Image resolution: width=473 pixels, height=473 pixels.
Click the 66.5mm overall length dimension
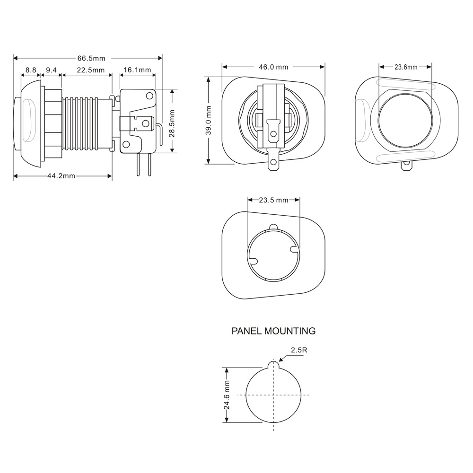(x=91, y=58)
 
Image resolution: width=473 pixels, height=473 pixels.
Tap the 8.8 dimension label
(x=31, y=70)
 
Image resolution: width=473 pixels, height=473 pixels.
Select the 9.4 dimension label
(x=52, y=70)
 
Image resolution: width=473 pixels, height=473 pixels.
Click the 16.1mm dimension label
(x=137, y=70)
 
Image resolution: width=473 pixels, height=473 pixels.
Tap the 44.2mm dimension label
(x=61, y=176)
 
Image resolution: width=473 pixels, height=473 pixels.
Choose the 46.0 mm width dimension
(x=273, y=67)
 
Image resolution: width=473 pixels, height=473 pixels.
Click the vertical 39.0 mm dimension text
(x=209, y=120)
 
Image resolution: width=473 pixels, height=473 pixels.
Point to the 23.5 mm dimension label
(x=274, y=200)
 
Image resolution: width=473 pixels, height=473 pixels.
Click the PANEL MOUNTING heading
(x=273, y=331)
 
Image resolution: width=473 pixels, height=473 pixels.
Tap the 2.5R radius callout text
(x=299, y=350)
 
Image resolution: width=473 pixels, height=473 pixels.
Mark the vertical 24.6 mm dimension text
(x=227, y=395)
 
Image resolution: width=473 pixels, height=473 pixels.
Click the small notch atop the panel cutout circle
(x=274, y=364)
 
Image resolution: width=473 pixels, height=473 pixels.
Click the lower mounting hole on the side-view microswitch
(x=127, y=144)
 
